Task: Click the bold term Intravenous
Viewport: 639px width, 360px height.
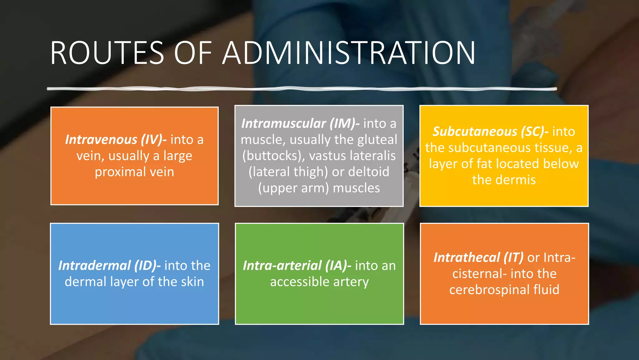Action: click(101, 139)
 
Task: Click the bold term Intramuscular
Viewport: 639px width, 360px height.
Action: click(284, 123)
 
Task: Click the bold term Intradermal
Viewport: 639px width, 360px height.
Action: click(95, 265)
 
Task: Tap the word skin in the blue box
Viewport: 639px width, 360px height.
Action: click(192, 282)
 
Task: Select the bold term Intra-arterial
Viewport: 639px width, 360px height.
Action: click(282, 265)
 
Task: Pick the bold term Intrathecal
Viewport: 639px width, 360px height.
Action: click(467, 257)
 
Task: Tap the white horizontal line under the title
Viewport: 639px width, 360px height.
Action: click(302, 89)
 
